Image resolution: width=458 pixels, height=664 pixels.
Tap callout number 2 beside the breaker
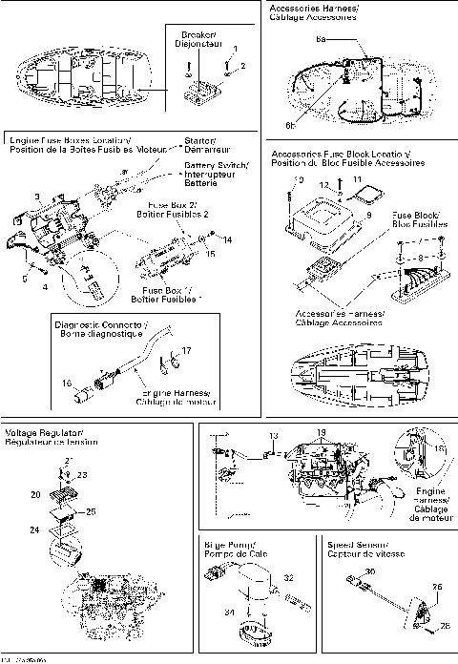pyautogui.click(x=242, y=65)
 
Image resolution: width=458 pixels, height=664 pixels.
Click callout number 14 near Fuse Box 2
pyautogui.click(x=228, y=239)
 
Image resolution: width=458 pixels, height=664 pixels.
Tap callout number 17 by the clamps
pyautogui.click(x=187, y=351)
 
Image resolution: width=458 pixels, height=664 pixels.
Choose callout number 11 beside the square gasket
pyautogui.click(x=358, y=179)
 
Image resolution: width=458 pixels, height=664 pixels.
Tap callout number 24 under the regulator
pyautogui.click(x=34, y=528)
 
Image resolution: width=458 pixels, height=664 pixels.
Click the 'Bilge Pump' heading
pyautogui.click(x=226, y=549)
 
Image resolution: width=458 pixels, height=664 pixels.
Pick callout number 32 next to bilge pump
pyautogui.click(x=286, y=578)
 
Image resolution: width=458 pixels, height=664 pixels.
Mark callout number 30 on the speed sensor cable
pyautogui.click(x=370, y=571)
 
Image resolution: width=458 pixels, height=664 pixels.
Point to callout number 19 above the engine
pyautogui.click(x=322, y=432)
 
